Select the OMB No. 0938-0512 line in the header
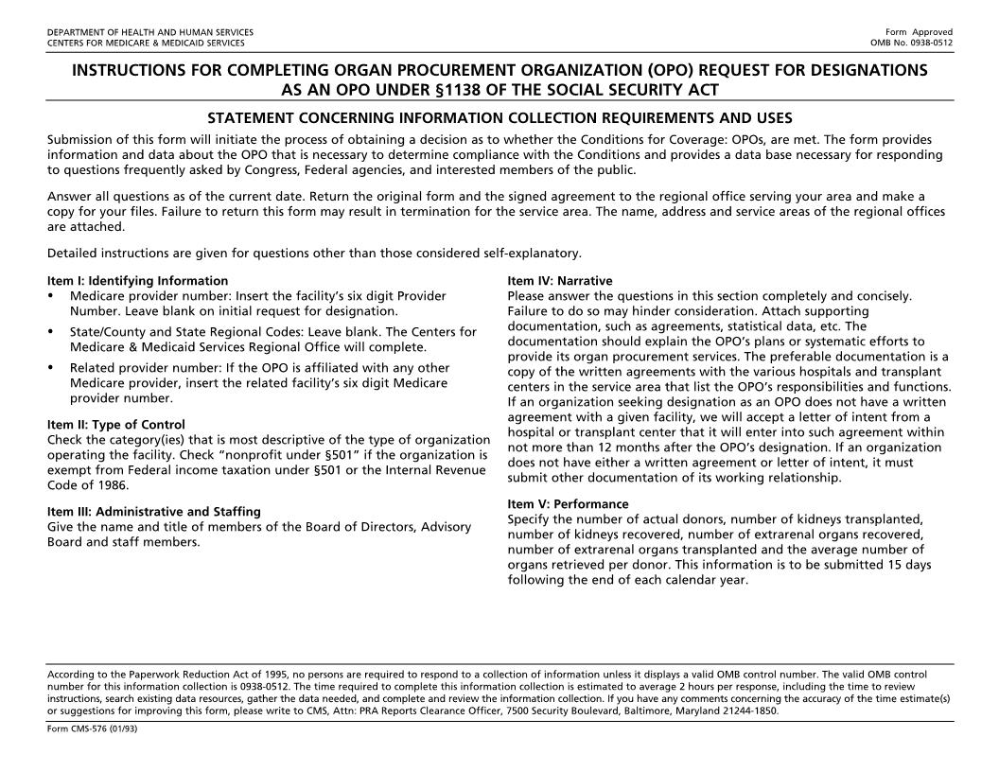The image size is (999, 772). [x=911, y=43]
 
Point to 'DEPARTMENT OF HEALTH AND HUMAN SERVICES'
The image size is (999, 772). [x=149, y=32]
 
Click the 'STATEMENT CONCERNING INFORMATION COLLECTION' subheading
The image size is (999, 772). [x=499, y=118]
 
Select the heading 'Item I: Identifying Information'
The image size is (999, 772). [x=137, y=281]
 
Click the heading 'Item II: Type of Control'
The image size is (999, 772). [x=115, y=425]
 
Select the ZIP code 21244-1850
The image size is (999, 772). [x=754, y=711]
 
